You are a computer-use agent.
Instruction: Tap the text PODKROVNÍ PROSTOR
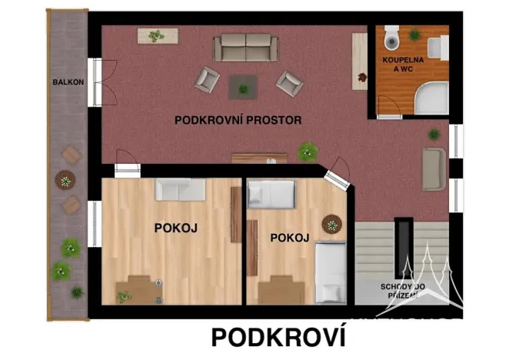point(238,120)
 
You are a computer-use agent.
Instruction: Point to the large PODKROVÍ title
point(278,338)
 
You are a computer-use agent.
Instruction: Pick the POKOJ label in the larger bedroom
point(176,228)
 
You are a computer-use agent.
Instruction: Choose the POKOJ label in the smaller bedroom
point(290,238)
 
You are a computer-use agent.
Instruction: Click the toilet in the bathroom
point(391,36)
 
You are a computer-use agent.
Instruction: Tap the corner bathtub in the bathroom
point(431,98)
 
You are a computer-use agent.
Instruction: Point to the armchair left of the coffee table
point(208,79)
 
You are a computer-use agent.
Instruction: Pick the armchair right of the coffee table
point(289,82)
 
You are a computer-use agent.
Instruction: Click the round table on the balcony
point(65,181)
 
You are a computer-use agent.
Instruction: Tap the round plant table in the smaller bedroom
point(332,224)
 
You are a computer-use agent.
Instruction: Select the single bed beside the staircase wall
point(331,274)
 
